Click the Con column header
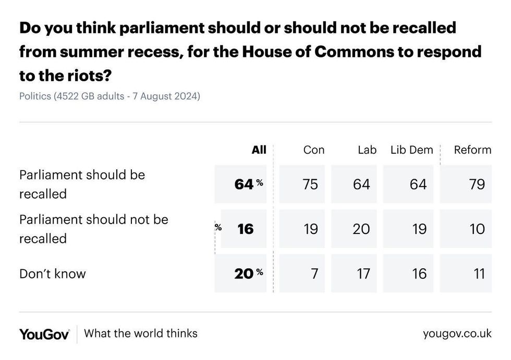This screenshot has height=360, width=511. [x=314, y=150]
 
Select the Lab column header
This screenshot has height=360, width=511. [x=367, y=150]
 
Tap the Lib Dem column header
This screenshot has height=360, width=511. [x=411, y=150]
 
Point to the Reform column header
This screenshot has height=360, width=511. [x=472, y=150]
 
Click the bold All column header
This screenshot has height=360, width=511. [x=259, y=150]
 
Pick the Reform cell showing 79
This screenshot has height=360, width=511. [x=477, y=184]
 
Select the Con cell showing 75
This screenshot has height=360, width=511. [x=310, y=184]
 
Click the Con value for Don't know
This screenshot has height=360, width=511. [x=314, y=274]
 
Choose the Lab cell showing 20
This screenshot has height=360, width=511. [x=361, y=229]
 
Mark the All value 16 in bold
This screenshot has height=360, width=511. [x=245, y=229]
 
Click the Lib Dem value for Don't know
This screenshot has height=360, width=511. [x=419, y=274]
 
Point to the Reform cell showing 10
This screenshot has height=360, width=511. [x=477, y=229]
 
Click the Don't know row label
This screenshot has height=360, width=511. [x=53, y=274]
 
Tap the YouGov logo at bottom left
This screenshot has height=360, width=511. [x=44, y=334]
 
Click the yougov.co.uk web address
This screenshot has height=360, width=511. [x=457, y=333]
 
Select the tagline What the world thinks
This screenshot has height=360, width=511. [x=141, y=333]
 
